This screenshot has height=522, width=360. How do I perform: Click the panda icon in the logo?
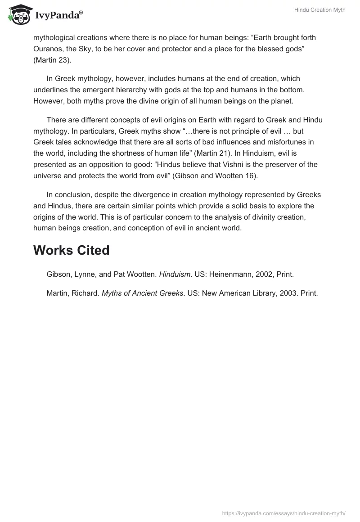pyautogui.click(x=18, y=15)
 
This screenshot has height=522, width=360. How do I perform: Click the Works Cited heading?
pyautogui.click(x=71, y=251)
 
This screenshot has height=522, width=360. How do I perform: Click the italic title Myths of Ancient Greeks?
pyautogui.click(x=142, y=293)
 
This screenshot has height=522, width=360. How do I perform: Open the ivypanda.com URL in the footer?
pyautogui.click(x=284, y=513)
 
